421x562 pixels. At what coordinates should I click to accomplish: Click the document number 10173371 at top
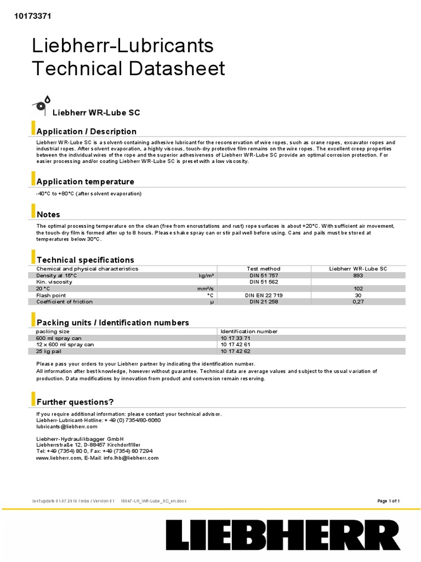[x=32, y=16]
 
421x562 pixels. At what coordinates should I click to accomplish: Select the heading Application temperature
[x=85, y=182]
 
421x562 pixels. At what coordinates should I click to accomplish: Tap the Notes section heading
[x=48, y=215]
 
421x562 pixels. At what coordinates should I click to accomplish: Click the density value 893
[x=358, y=276]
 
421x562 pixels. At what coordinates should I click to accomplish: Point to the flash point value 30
[x=358, y=295]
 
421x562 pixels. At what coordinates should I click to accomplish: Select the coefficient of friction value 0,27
[x=358, y=301]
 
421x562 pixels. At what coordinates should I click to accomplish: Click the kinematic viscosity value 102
[x=358, y=288]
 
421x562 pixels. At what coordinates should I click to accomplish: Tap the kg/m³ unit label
[x=206, y=276]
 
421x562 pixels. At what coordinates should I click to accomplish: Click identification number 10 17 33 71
[x=236, y=338]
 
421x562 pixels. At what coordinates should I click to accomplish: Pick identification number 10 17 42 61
[x=236, y=345]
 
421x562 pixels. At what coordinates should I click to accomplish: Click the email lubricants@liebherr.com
[x=67, y=426]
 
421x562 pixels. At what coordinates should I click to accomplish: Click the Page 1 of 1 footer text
[x=389, y=501]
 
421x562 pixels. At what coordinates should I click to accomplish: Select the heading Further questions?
[x=75, y=402]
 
